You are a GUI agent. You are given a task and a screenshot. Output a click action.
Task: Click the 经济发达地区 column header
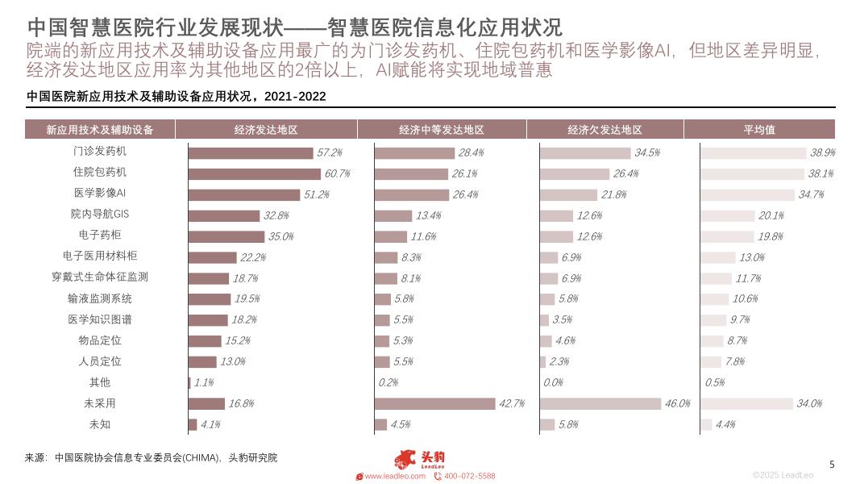(266, 130)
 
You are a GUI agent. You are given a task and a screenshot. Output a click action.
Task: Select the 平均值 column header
(758, 130)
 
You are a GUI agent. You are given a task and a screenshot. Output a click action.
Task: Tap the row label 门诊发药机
(100, 152)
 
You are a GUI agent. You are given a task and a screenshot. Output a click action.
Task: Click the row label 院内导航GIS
(100, 215)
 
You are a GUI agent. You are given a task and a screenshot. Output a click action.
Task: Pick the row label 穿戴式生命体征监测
(100, 277)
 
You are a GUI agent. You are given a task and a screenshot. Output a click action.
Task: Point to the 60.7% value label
(337, 173)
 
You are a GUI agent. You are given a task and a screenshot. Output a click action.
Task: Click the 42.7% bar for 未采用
(434, 403)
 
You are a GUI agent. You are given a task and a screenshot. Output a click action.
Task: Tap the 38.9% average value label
(822, 152)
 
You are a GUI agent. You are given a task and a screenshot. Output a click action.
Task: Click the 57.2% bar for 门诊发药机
(251, 152)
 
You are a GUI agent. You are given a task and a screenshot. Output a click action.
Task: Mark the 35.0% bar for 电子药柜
(226, 236)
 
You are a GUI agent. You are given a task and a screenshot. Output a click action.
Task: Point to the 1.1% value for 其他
(203, 383)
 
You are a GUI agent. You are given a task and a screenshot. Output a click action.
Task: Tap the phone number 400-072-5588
(469, 476)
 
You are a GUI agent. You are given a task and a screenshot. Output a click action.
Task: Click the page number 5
(833, 464)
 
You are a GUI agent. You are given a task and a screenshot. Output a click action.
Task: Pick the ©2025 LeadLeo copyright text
(783, 475)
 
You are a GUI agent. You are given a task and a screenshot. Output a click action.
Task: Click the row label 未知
(100, 424)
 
